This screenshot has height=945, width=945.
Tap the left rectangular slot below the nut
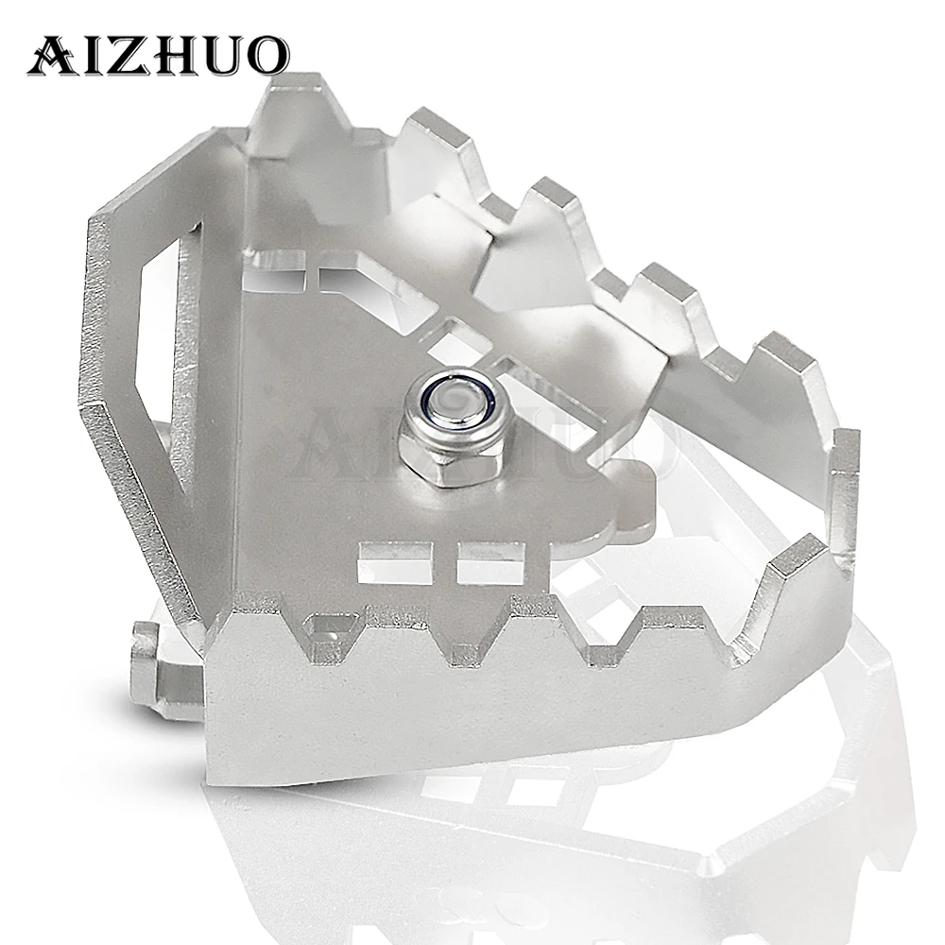click(x=395, y=561)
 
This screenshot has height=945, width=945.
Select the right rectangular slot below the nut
click(x=494, y=561)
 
